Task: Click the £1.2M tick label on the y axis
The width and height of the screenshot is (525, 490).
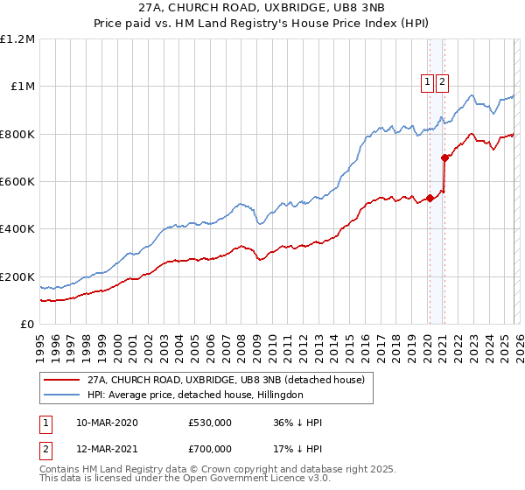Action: pyautogui.click(x=17, y=39)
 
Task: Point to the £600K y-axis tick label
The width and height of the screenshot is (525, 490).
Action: pyautogui.click(x=17, y=182)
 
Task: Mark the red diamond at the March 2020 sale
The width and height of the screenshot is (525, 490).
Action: pyautogui.click(x=430, y=199)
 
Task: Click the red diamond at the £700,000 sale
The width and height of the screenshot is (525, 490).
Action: pyautogui.click(x=445, y=158)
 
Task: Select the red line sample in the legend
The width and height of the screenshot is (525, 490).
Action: pyautogui.click(x=61, y=380)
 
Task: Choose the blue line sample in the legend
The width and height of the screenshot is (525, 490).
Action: pyautogui.click(x=61, y=395)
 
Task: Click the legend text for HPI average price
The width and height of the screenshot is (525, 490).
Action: pyautogui.click(x=195, y=395)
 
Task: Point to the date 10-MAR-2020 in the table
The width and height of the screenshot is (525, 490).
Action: pyautogui.click(x=107, y=423)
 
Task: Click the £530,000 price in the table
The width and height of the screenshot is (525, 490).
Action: pyautogui.click(x=210, y=423)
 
